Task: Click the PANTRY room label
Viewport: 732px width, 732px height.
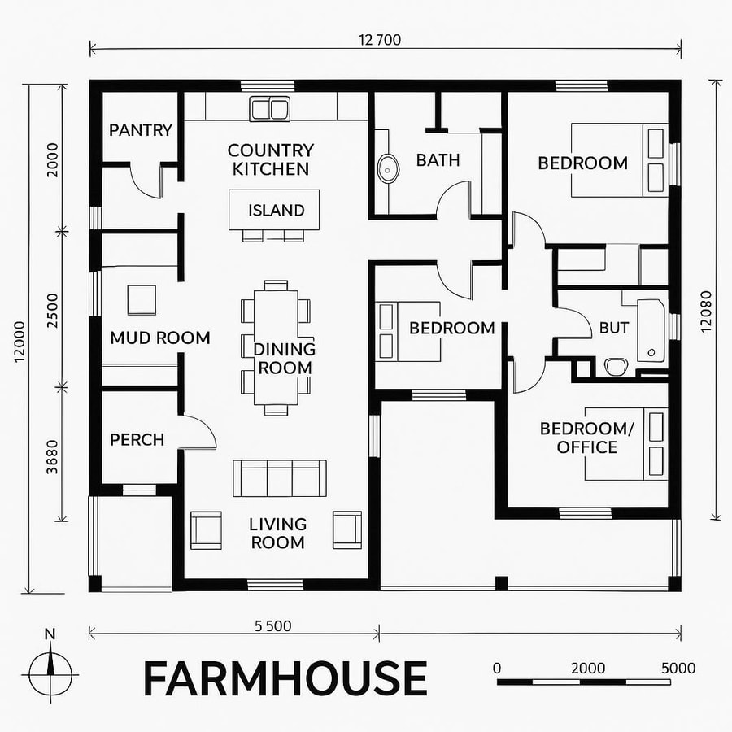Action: [x=141, y=130]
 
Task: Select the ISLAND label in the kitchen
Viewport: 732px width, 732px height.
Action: [x=277, y=211]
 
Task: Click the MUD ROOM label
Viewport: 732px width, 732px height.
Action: [x=160, y=338]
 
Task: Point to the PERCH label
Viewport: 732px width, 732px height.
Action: [x=137, y=440]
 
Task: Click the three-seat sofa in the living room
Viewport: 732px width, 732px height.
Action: [x=280, y=477]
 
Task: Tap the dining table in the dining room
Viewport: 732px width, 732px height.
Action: [x=276, y=348]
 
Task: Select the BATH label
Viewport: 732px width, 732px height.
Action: [x=438, y=160]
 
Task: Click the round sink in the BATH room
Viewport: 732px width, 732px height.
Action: [x=388, y=168]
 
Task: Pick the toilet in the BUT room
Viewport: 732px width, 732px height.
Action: [x=615, y=367]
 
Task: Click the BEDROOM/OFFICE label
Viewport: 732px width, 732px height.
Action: [x=578, y=438]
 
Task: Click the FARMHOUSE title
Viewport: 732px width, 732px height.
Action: [x=285, y=678]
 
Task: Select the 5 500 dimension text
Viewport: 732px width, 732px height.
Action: [x=272, y=625]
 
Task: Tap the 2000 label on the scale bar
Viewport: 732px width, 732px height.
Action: [x=587, y=668]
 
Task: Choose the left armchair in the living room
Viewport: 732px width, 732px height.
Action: [x=205, y=529]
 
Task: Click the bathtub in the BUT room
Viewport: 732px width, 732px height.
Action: [x=651, y=329]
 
